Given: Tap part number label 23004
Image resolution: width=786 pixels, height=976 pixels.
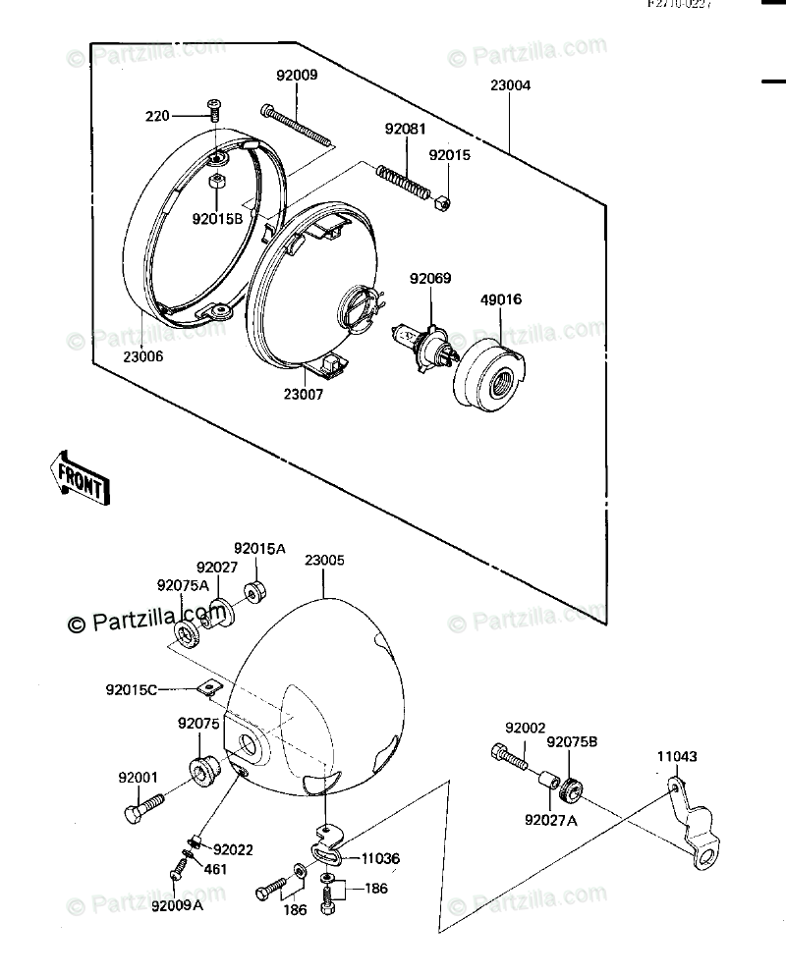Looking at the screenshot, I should pyautogui.click(x=510, y=85).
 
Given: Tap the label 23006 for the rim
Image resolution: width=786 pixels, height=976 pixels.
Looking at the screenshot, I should pyautogui.click(x=143, y=356).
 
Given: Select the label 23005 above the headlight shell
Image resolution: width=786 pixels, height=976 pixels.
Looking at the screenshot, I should pyautogui.click(x=324, y=561).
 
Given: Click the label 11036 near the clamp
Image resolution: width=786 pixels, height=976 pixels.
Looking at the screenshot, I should pyautogui.click(x=379, y=857).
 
